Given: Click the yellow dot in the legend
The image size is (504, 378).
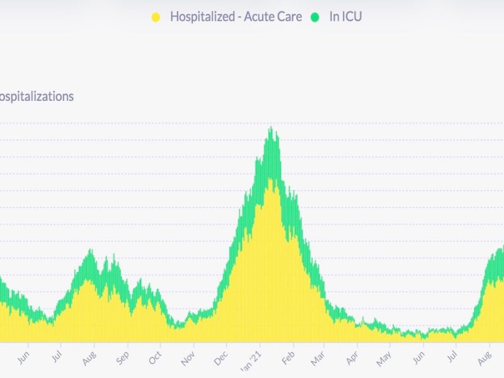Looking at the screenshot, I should (156, 17).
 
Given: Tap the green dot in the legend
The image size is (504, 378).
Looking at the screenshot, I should (314, 17).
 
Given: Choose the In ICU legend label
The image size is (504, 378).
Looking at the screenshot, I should (345, 17).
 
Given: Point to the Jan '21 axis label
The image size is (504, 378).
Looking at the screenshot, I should (253, 360).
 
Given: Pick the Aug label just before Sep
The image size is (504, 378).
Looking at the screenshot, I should (89, 360).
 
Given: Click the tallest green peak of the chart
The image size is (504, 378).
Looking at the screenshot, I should (272, 130).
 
